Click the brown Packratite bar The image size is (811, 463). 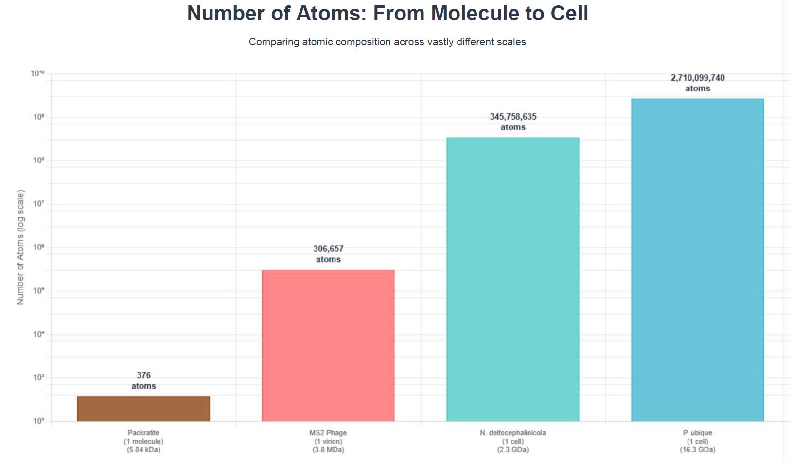click(x=143, y=409)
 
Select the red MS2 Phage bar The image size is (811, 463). click(x=328, y=345)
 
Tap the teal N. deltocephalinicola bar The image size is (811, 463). click(x=513, y=279)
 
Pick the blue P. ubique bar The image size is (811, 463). click(x=698, y=260)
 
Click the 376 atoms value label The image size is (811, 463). click(x=143, y=380)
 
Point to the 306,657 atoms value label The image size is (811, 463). click(x=328, y=254)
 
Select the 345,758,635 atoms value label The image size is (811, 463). click(x=513, y=122)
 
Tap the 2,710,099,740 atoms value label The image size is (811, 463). click(x=698, y=83)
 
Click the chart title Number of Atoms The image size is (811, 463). click(x=388, y=14)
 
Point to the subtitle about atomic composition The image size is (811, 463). click(x=388, y=42)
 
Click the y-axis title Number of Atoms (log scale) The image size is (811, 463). click(x=20, y=248)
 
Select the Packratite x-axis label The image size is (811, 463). click(x=143, y=441)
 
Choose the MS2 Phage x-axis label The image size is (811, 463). click(x=328, y=441)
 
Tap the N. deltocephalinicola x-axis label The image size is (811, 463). click(x=513, y=441)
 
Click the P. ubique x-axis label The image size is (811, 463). click(x=698, y=441)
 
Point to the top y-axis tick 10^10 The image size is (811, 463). click(x=37, y=74)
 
